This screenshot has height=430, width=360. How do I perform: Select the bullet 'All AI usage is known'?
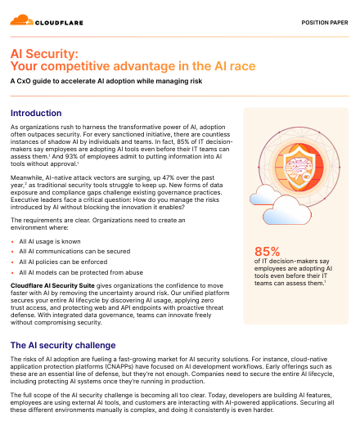[51, 242]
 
